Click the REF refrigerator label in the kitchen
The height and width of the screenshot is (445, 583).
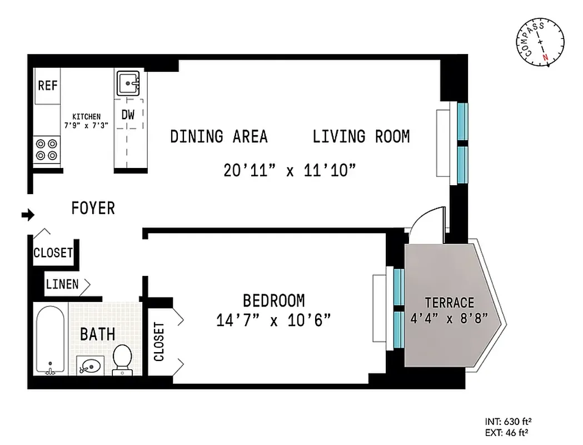pos(47,86)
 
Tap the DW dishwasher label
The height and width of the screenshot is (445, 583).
pos(128,115)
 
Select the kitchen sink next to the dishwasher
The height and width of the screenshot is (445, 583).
pos(130,83)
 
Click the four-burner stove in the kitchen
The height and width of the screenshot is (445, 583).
pos(46,149)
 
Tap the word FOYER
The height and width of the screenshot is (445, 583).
pos(93,209)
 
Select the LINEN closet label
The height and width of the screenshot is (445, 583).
pos(62,284)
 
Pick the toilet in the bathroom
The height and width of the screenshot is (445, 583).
pos(122,359)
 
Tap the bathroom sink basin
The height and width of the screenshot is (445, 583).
pos(89,365)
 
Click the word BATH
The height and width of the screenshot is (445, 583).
pos(98,334)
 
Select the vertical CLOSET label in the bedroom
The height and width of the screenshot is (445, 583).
pos(159,342)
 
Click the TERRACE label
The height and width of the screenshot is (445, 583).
pos(449,303)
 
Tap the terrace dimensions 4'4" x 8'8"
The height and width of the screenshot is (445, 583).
pos(449,318)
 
